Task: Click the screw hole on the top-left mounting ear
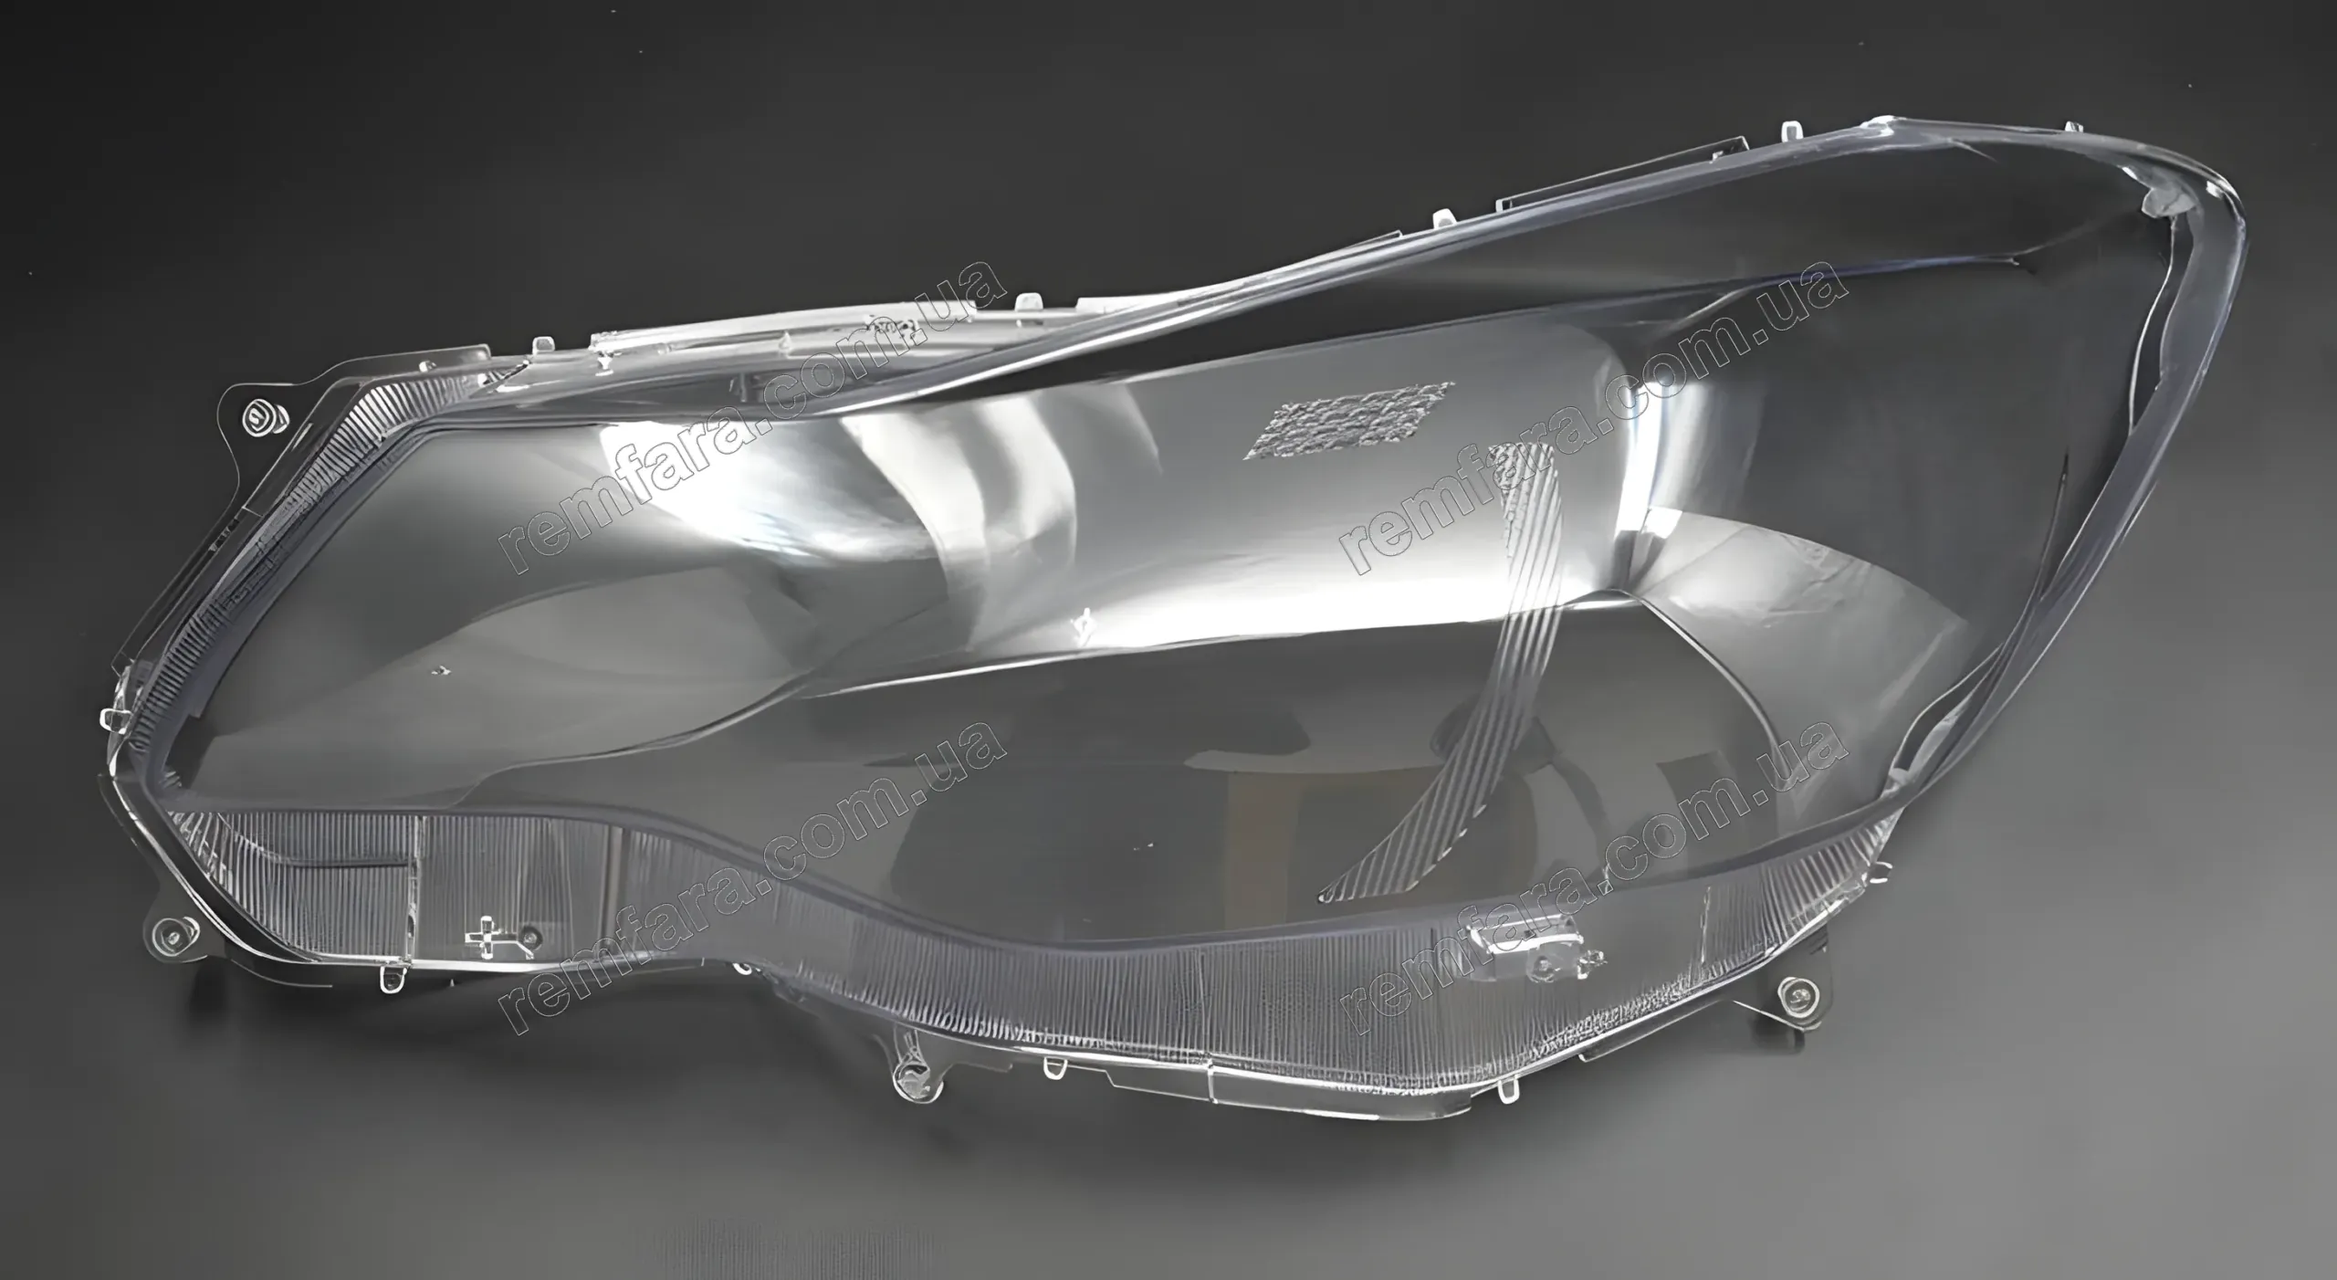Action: coord(260,416)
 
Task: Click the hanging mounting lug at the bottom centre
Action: coord(909,1078)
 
